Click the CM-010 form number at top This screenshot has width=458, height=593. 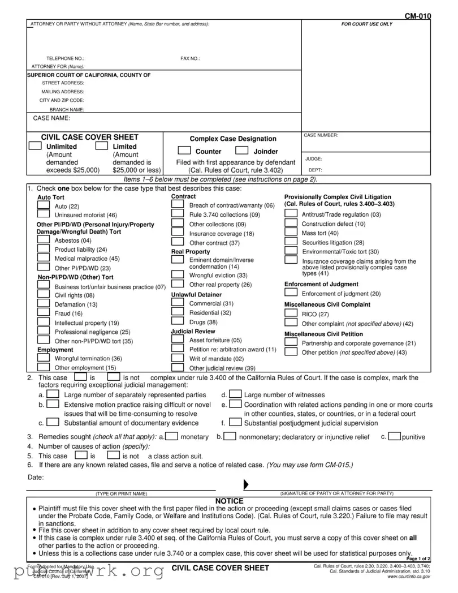(x=417, y=16)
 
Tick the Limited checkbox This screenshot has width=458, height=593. (x=102, y=146)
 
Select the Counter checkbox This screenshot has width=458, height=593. (x=184, y=151)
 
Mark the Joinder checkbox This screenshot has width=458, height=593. (x=242, y=151)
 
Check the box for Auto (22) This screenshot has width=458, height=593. (x=43, y=206)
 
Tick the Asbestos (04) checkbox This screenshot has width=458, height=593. (x=43, y=239)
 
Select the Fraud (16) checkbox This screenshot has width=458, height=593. (x=43, y=312)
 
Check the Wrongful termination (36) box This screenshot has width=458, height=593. (x=43, y=358)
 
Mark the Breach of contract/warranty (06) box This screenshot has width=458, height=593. (x=178, y=205)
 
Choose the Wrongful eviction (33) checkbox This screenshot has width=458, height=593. (x=178, y=275)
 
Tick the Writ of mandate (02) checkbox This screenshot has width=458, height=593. (x=178, y=358)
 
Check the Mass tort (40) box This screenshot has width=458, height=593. (x=291, y=232)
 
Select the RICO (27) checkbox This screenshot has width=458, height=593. (x=291, y=313)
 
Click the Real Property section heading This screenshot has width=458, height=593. (x=191, y=251)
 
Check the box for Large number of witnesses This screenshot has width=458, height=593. (x=235, y=394)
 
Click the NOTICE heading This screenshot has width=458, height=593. (x=230, y=501)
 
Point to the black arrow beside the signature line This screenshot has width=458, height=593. (x=246, y=485)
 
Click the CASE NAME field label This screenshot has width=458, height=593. (x=51, y=118)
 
